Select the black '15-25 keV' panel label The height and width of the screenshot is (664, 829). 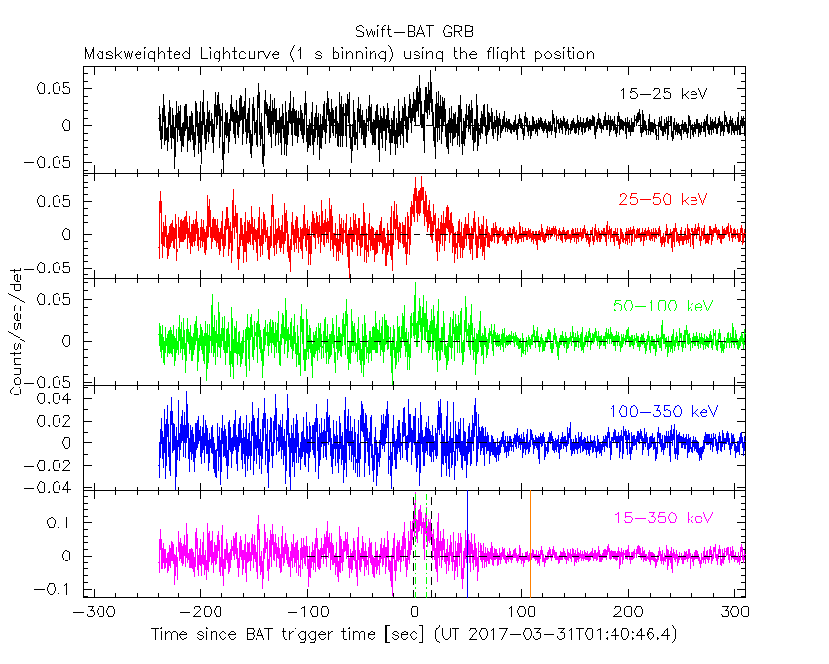click(662, 94)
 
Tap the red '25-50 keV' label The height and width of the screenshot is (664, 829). click(662, 200)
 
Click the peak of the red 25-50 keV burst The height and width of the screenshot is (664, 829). click(418, 178)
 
